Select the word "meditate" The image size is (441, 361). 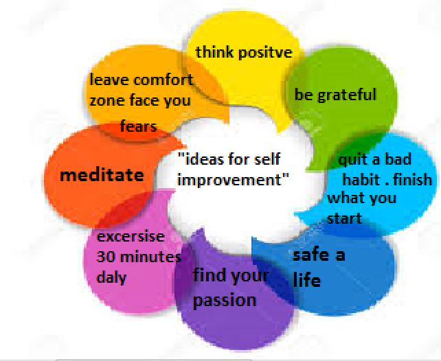[x=102, y=174]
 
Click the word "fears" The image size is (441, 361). [x=138, y=126]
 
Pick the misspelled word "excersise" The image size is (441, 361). [x=131, y=237]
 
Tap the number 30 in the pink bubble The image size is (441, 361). [x=105, y=258]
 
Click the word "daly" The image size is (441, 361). [x=111, y=279]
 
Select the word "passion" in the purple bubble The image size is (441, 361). [x=224, y=300]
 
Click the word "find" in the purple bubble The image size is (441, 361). [x=207, y=277]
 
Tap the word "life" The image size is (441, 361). [x=306, y=280]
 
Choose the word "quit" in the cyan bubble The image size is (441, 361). [x=353, y=161]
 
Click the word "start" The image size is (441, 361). [x=343, y=219]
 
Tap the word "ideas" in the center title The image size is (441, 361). [x=203, y=160]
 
